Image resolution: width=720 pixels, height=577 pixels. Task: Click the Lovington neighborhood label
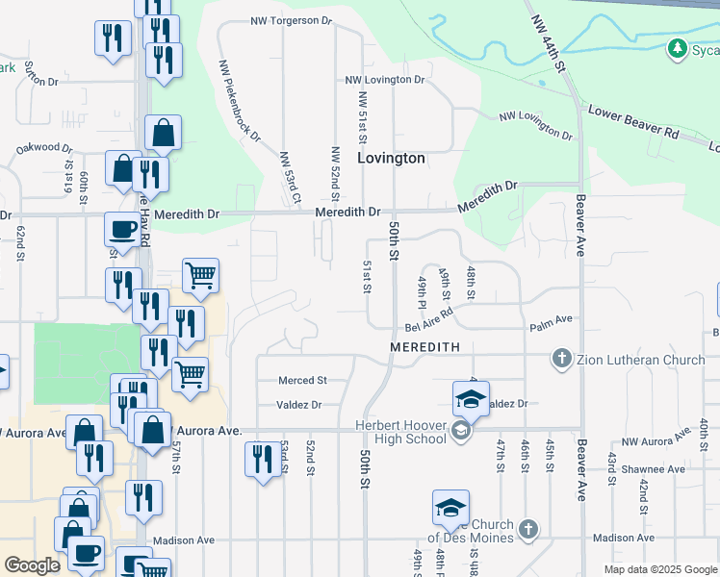click(391, 158)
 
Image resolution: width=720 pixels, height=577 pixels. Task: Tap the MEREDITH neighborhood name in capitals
click(424, 345)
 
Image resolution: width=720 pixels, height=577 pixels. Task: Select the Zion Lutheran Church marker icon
click(563, 360)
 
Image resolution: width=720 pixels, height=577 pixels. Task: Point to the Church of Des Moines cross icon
click(527, 529)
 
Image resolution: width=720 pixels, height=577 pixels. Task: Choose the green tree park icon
click(678, 48)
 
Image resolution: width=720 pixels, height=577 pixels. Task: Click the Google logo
click(33, 565)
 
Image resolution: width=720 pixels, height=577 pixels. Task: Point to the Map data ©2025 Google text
click(660, 569)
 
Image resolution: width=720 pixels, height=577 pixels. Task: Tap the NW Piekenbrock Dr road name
click(240, 101)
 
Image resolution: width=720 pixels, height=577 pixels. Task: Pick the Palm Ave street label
click(551, 318)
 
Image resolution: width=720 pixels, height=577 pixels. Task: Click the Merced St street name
click(302, 381)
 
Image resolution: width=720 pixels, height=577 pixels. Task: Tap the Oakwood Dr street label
click(44, 149)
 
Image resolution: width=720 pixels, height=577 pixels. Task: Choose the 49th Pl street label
click(423, 286)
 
